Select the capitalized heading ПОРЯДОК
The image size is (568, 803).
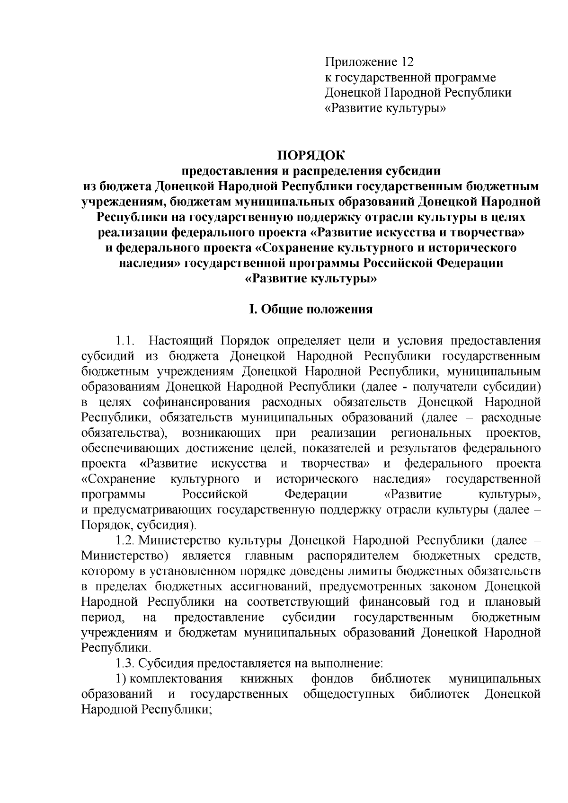tap(311, 156)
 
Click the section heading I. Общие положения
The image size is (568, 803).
tap(311, 309)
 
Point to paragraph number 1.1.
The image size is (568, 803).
tap(126, 341)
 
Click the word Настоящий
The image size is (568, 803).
tap(178, 341)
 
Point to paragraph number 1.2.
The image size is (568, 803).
tap(126, 540)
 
